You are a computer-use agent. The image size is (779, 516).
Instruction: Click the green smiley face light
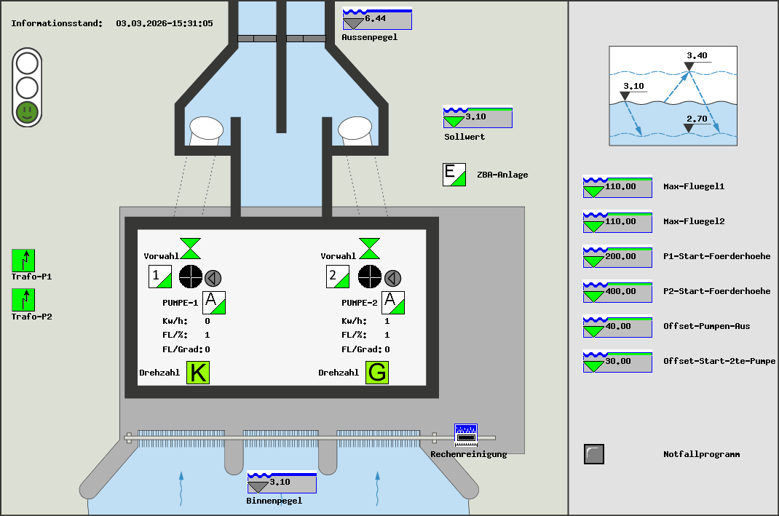[x=27, y=111]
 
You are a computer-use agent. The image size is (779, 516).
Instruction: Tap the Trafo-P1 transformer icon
[x=23, y=260]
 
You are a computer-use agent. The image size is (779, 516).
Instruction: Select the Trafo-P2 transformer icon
[x=23, y=300]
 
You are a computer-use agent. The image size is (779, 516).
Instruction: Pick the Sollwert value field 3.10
[x=478, y=117]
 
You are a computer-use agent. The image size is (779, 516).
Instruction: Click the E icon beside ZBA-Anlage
[x=454, y=175]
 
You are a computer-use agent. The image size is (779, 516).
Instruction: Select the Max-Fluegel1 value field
[x=617, y=187]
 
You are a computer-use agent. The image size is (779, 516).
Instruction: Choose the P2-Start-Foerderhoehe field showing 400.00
[x=617, y=292]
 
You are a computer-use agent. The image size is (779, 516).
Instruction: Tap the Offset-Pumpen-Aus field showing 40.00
[x=617, y=327]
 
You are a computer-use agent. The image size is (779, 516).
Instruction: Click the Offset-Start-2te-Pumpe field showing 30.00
[x=617, y=362]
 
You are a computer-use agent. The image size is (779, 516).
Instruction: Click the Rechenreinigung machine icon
[x=465, y=434]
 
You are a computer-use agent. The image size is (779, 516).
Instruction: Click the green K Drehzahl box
[x=198, y=373]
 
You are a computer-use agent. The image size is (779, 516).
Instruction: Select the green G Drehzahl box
[x=377, y=373]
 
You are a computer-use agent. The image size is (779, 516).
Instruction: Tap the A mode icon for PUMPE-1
[x=214, y=302]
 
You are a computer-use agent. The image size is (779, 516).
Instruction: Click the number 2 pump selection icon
[x=337, y=277]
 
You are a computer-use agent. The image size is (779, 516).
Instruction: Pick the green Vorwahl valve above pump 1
[x=191, y=248]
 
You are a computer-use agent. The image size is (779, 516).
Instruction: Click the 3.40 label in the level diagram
[x=697, y=56]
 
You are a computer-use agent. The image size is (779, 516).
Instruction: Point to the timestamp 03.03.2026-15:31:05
[x=165, y=23]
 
